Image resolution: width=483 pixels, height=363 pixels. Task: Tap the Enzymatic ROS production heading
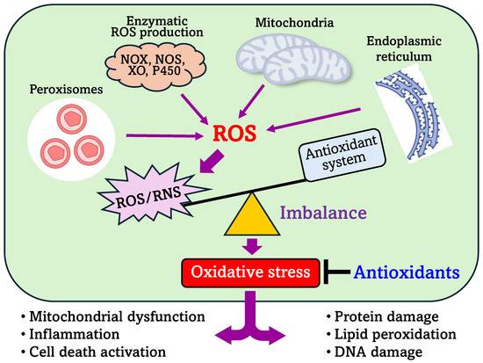pos(161,25)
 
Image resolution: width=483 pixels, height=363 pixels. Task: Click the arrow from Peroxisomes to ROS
pos(163,136)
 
